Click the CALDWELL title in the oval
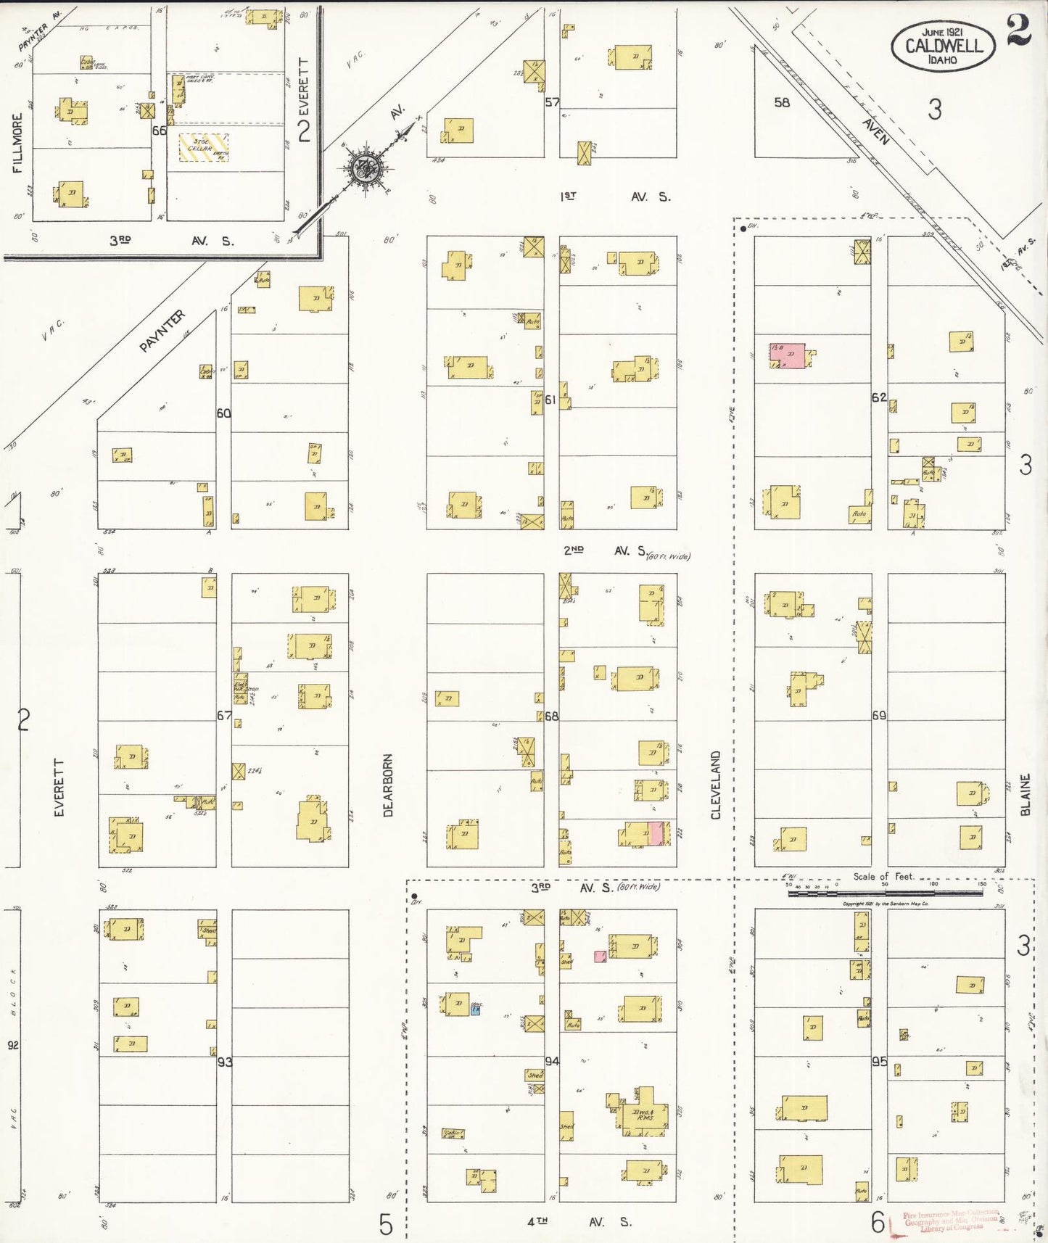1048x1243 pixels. [x=944, y=46]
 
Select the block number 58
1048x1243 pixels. [x=781, y=102]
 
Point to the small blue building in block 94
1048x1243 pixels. [x=475, y=1009]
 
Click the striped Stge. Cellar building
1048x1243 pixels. [x=203, y=147]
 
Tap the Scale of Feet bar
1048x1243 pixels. [x=885, y=893]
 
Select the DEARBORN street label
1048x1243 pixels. [x=388, y=785]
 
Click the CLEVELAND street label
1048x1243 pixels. [x=716, y=785]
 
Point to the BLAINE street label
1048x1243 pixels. [x=1025, y=795]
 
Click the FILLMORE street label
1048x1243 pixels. [x=17, y=143]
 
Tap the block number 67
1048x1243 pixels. [x=224, y=716]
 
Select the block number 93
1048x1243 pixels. [x=225, y=1062]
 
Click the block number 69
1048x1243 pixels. [x=879, y=716]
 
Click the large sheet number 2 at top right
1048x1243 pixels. [x=1018, y=30]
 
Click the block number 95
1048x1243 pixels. [x=879, y=1061]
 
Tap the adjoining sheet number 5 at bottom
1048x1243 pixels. [x=386, y=1224]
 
